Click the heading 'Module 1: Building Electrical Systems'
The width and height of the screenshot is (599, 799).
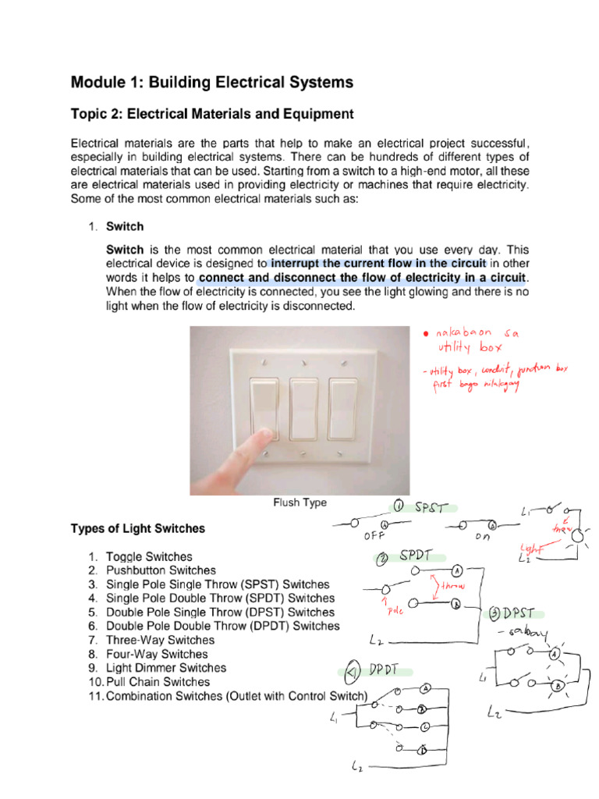212,82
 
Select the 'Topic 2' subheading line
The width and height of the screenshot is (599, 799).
212,115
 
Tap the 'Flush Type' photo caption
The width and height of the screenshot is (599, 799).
299,503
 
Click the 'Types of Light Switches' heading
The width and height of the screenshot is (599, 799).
138,528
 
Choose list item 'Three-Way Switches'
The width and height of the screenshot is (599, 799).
160,640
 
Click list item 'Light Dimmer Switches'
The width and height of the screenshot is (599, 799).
166,668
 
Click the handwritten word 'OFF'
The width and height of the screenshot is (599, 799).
375,537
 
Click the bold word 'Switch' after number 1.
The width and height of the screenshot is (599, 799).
125,226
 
